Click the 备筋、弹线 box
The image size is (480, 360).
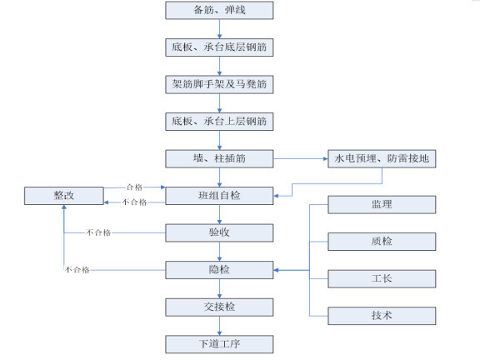219,10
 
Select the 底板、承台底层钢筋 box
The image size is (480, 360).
219,47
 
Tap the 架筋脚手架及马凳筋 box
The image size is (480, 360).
219,85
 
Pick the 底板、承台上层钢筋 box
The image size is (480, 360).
219,122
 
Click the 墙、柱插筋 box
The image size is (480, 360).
219,158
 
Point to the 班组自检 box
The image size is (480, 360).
219,196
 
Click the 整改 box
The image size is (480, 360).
64,196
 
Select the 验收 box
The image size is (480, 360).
219,232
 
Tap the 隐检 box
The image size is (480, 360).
219,269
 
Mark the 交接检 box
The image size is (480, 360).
219,307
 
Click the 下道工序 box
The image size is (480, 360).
219,343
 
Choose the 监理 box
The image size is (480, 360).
382,204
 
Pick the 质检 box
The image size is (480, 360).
382,242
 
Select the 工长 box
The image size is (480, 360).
382,278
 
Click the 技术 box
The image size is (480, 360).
382,316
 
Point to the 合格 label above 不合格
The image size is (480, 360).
135,187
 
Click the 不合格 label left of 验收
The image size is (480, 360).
98,232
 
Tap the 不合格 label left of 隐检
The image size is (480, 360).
77,270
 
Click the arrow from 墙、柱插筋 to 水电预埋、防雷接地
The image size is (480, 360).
300,158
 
